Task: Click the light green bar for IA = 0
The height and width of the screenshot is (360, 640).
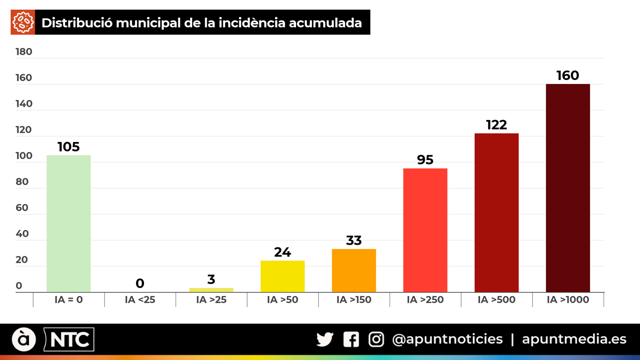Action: click(x=68, y=224)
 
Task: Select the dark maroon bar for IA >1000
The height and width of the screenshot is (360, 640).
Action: click(x=568, y=188)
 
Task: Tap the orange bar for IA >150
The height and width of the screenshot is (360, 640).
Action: click(x=354, y=271)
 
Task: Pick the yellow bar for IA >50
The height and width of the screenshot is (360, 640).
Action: click(x=282, y=276)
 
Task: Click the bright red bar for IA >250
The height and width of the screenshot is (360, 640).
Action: click(x=425, y=230)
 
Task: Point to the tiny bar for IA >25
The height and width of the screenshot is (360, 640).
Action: click(x=211, y=290)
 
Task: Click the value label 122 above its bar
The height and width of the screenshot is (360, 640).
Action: click(x=496, y=125)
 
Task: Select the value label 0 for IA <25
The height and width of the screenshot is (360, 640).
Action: click(x=140, y=284)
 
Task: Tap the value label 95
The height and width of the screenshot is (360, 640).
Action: click(x=425, y=160)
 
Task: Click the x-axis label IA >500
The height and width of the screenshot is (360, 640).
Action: click(x=496, y=300)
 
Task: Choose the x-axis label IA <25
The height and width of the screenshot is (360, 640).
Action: click(x=140, y=300)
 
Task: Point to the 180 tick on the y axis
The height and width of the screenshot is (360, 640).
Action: click(x=24, y=52)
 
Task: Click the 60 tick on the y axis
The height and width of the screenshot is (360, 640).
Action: click(x=22, y=208)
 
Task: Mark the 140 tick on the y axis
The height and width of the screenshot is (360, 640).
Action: click(x=24, y=104)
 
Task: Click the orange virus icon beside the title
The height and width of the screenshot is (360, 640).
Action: click(x=23, y=22)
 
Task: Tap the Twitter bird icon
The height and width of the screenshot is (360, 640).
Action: click(x=325, y=340)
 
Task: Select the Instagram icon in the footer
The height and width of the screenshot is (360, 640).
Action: click(x=376, y=340)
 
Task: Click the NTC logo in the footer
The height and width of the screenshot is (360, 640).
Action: click(x=69, y=340)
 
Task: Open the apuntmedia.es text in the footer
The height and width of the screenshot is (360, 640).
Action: click(x=574, y=340)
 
